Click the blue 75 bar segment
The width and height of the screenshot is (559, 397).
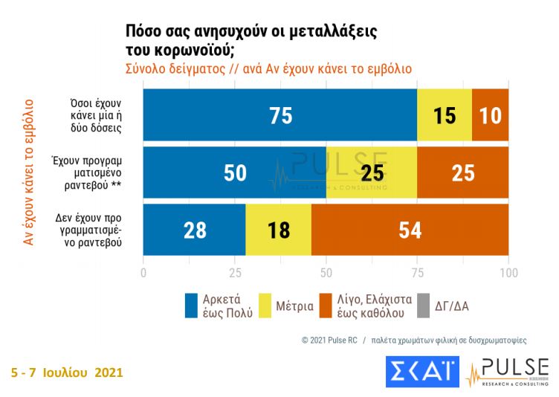point(280,116)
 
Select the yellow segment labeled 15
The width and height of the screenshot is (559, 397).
point(445,116)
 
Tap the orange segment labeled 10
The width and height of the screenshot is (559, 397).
point(491,116)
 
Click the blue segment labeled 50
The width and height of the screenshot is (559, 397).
point(234,173)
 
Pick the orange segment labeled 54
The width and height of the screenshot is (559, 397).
point(410,230)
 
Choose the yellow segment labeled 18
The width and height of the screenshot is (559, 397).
point(278,230)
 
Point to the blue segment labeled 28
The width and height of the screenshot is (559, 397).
point(194,230)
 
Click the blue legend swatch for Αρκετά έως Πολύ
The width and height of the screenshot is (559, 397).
point(192,305)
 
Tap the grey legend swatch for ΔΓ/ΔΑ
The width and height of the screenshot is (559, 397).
point(424,305)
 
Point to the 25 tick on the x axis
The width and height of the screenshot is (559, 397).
point(234,272)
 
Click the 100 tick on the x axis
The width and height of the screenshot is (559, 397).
point(508,272)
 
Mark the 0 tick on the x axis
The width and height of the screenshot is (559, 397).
point(143,272)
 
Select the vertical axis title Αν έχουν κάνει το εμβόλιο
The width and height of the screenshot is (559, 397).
point(29,172)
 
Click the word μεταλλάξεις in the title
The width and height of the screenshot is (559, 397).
point(332,33)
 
